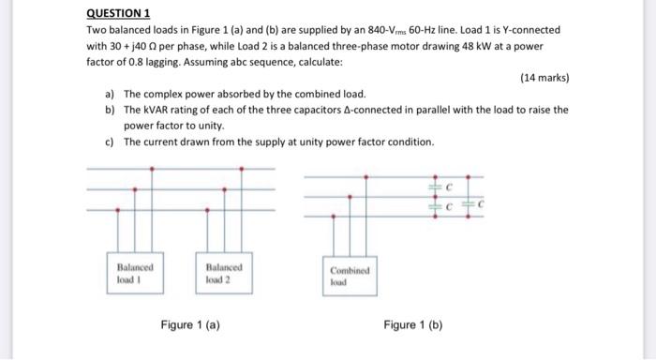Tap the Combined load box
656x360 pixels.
(x=350, y=273)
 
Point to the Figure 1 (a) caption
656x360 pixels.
(x=191, y=324)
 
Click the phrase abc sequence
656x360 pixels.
(x=250, y=61)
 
